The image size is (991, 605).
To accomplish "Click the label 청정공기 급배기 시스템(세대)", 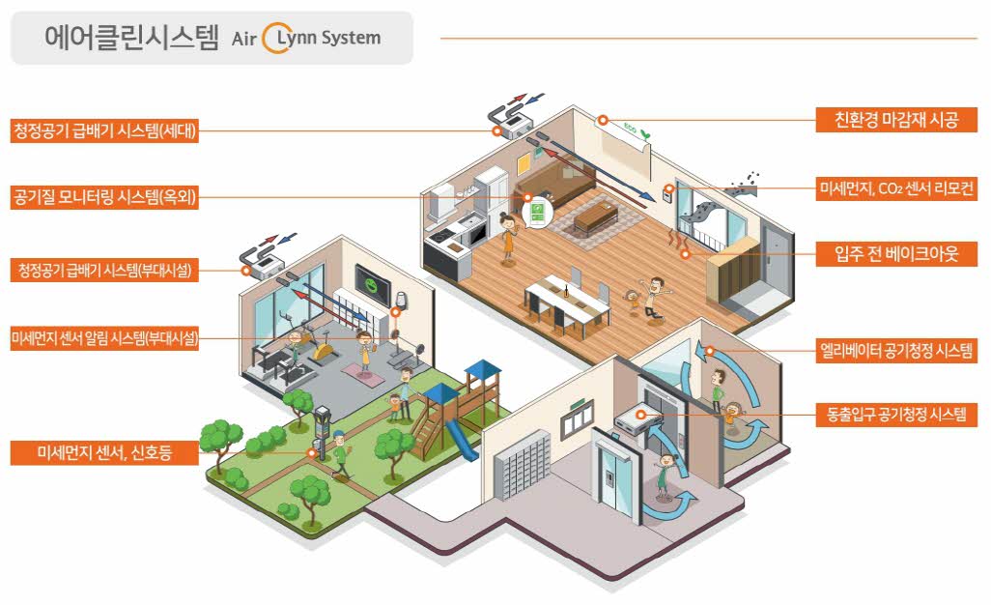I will (104, 131).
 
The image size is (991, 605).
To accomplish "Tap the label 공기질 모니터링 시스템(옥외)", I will (104, 198).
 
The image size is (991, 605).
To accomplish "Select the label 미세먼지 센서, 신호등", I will (104, 452).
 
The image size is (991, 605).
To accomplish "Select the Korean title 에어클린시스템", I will (131, 38).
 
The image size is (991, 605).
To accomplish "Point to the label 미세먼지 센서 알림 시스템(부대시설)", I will (104, 337).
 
